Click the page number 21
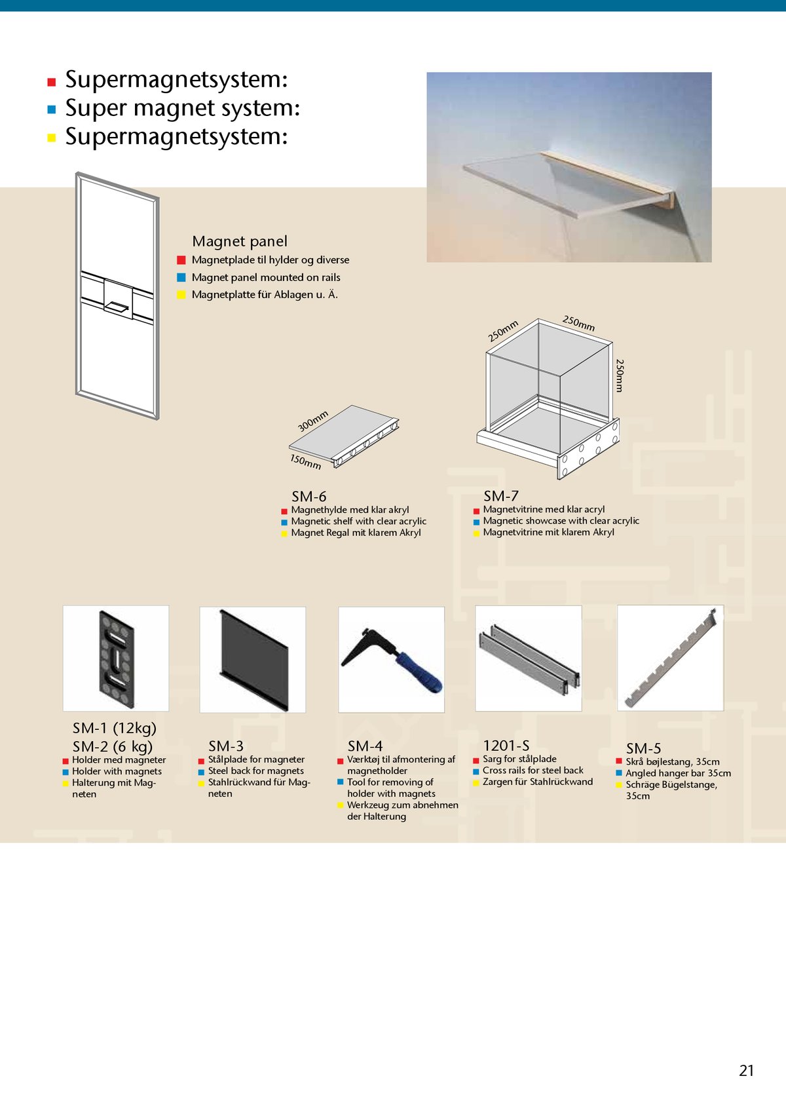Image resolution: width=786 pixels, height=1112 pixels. pos(746,1070)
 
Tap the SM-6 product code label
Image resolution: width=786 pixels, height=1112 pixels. pos(309,497)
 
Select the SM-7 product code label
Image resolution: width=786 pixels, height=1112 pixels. pos(501,496)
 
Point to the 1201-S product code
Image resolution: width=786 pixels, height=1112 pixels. pos(506,746)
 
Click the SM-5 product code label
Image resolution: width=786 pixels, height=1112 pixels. pos(643,748)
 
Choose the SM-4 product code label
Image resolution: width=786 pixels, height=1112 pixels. pos(365,746)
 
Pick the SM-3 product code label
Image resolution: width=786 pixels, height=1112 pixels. pos(226,746)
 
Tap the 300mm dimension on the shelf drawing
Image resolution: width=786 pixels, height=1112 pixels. pos(313,421)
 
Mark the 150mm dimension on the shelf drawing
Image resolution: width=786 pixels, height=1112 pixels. pos(305,461)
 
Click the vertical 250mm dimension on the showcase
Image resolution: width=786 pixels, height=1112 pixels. pos(619,375)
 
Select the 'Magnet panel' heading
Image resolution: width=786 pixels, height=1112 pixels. pos(240,241)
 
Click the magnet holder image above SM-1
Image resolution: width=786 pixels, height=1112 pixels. pos(116,659)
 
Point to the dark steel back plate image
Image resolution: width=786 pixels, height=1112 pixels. pos(253,659)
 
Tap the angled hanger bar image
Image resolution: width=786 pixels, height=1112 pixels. pos(671,658)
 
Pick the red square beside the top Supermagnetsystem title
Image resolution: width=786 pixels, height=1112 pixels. pos(52,82)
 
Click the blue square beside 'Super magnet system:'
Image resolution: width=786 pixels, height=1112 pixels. pos(52,110)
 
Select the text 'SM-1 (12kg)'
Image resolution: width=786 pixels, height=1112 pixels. pos(115,728)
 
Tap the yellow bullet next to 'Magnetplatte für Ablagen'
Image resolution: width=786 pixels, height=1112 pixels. pos(181,295)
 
